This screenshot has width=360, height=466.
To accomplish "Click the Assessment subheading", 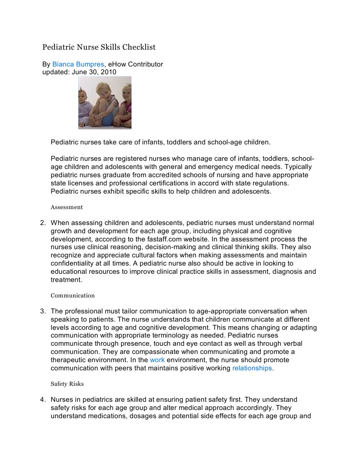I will (x=66, y=207).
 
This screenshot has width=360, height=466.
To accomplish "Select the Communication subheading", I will (x=72, y=296).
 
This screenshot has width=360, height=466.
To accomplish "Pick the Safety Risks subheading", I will (x=67, y=384).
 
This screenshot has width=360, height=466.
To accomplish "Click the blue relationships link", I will (x=252, y=368).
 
